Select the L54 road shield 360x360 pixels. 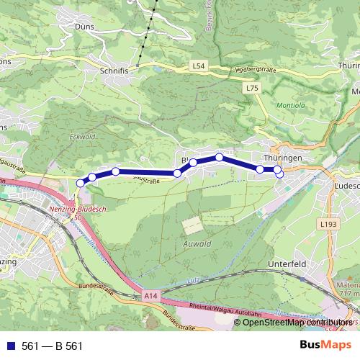tap(199, 66)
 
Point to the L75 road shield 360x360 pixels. tap(251, 87)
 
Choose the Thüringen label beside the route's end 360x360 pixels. tap(282, 156)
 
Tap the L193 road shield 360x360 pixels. tap(328, 225)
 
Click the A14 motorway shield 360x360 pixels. tap(150, 295)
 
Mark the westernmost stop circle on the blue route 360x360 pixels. tap(80, 184)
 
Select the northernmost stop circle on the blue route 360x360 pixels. tap(219, 157)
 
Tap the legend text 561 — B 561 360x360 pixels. tap(52, 346)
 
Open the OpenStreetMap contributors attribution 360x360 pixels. tap(297, 323)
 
